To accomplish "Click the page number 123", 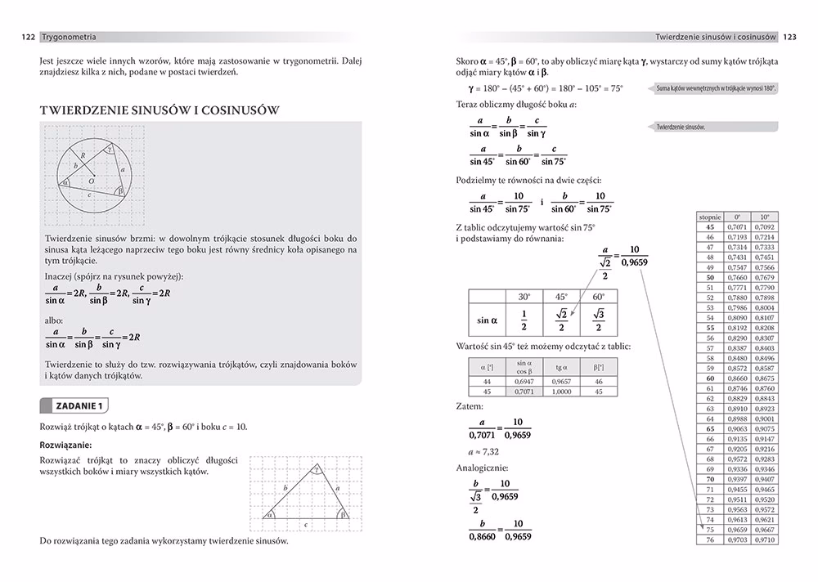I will click(790, 37).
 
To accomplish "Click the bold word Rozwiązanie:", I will click(65, 445).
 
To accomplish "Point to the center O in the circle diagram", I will click(91, 180).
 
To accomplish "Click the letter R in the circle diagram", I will click(83, 154).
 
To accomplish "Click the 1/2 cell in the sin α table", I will click(524, 320).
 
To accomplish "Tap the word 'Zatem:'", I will click(470, 405).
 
